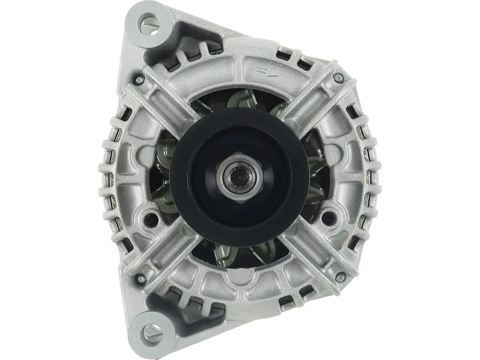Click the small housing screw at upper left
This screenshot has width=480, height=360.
140,80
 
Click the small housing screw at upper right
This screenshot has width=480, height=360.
339,79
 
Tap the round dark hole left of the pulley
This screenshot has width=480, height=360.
154,218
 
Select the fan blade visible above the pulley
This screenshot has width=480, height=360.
242,100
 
